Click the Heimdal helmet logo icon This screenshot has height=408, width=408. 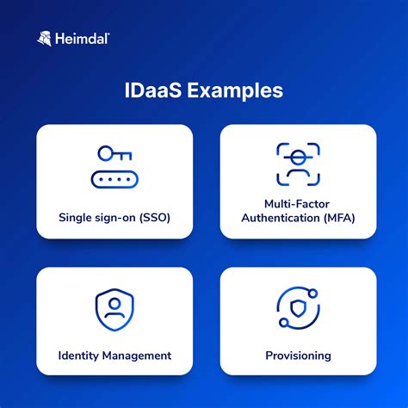45,39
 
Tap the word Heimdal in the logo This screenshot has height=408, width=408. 82,39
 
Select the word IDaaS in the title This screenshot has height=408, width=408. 153,90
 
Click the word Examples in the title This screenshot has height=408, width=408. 235,91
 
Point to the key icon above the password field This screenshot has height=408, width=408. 114,153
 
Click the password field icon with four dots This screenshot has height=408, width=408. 114,180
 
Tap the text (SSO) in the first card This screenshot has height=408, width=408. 155,218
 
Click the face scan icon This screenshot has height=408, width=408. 298,164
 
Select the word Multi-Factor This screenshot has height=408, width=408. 297,204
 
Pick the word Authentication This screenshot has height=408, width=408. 281,218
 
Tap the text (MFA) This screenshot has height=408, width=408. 339,218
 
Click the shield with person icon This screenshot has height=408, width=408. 114,310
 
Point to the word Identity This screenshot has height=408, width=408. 78,356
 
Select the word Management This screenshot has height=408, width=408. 137,356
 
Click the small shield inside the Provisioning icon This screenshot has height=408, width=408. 298,308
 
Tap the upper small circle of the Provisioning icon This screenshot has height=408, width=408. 313,294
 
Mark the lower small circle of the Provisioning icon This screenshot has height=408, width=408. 284,323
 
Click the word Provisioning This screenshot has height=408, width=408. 298,356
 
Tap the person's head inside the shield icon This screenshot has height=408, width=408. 114,304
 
